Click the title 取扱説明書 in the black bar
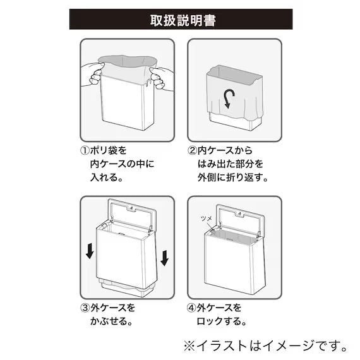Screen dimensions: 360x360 (x=181, y=19)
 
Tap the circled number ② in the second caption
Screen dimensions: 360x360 (x=193, y=152)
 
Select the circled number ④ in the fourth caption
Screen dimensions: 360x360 (x=193, y=308)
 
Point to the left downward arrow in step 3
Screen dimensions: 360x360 (x=90, y=252)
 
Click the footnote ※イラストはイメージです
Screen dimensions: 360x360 (x=265, y=345)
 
